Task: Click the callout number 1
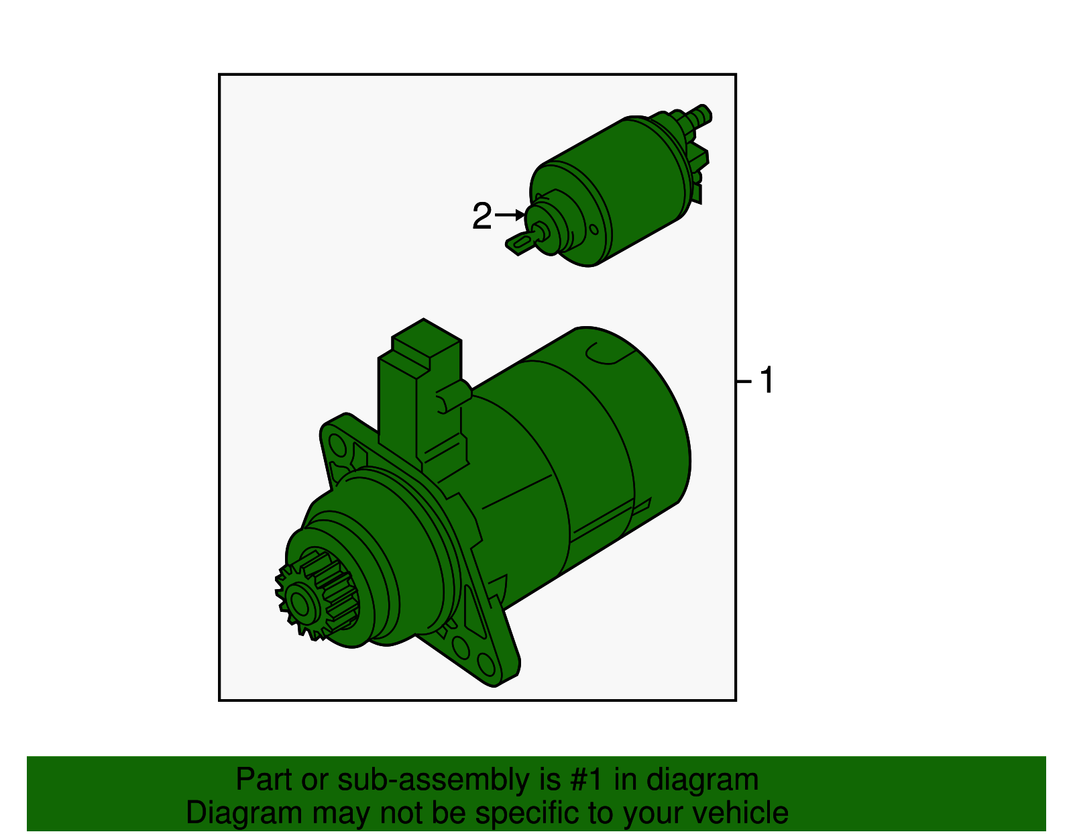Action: click(767, 381)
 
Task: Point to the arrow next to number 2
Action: click(510, 215)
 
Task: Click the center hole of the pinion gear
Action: click(300, 606)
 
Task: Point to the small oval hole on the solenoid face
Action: click(594, 229)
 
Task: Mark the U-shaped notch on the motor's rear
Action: click(607, 354)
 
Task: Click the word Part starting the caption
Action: click(264, 780)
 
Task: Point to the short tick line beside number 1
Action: click(743, 382)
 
